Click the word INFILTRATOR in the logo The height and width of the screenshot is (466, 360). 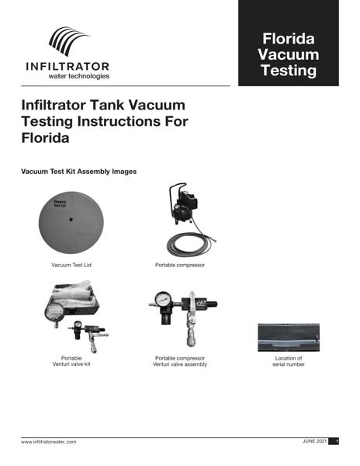click(68, 67)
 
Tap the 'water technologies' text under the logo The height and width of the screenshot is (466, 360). click(78, 77)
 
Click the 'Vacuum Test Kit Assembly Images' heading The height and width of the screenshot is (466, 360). click(81, 170)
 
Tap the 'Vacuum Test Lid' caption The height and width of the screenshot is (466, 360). click(71, 266)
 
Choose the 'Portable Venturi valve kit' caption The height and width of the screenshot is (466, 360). click(71, 361)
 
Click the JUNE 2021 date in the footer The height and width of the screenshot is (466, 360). click(314, 441)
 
